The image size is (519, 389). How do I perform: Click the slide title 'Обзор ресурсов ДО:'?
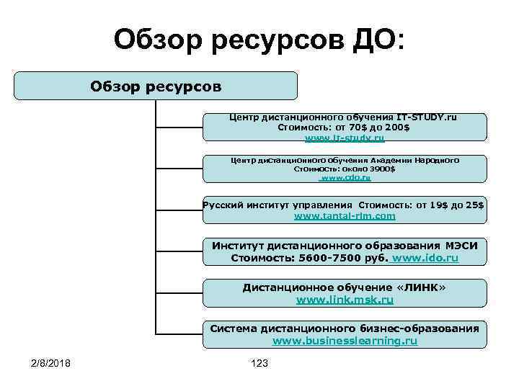click(259, 40)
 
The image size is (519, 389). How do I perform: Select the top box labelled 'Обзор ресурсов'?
click(156, 86)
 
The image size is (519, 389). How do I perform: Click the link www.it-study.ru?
click(345, 138)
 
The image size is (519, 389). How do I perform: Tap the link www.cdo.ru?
click(345, 177)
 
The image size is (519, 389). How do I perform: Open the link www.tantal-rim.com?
click(345, 215)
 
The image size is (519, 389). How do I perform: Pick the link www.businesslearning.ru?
click(345, 340)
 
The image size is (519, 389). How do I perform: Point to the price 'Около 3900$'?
click(365, 168)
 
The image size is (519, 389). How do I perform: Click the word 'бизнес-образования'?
click(420, 328)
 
